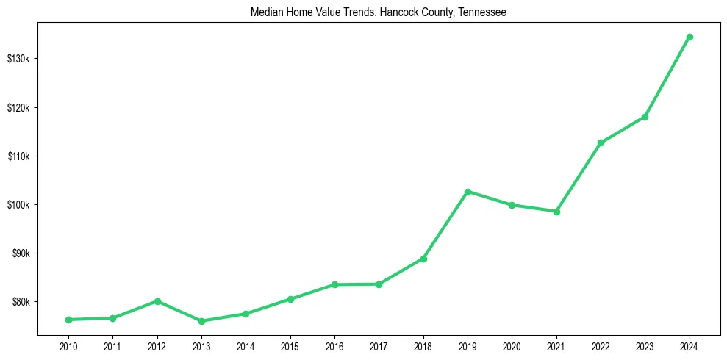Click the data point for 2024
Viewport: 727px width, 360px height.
point(690,37)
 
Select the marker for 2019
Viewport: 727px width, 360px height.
point(468,192)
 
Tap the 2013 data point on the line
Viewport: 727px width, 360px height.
point(201,321)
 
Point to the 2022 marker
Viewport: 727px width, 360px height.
point(601,143)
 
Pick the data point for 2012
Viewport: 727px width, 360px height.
point(157,301)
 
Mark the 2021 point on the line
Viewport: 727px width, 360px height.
point(556,212)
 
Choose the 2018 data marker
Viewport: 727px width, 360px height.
point(423,259)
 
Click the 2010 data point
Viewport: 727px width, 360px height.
point(68,320)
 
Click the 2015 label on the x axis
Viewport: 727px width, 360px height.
point(290,345)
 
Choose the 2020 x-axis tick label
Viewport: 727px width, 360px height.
point(512,345)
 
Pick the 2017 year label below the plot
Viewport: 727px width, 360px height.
point(379,345)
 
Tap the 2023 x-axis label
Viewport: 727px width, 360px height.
point(645,345)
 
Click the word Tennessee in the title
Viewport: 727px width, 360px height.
point(481,12)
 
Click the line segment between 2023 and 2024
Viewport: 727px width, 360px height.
point(667,76)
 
